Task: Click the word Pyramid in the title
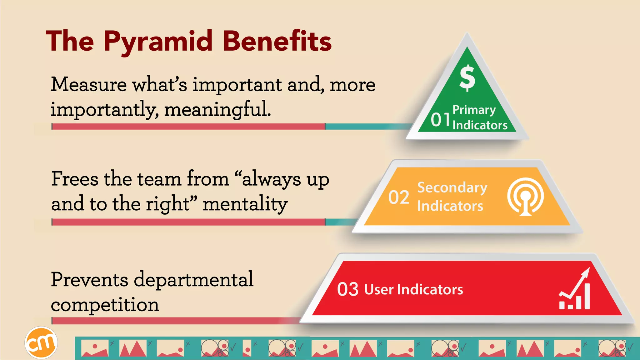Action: point(158,42)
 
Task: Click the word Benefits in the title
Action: point(277,42)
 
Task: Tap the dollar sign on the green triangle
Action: point(467,78)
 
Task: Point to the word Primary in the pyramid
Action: point(474,110)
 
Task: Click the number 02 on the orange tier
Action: point(399,197)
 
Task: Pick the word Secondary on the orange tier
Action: point(452,187)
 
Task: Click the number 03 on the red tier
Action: point(347,289)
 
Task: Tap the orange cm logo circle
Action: point(41,343)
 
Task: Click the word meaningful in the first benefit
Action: point(217,109)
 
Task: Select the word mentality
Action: point(245,204)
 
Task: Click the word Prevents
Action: point(89,279)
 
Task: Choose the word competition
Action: point(105,305)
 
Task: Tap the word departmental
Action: point(194,280)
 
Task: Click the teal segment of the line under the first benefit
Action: point(366,127)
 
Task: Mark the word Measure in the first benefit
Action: point(89,84)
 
